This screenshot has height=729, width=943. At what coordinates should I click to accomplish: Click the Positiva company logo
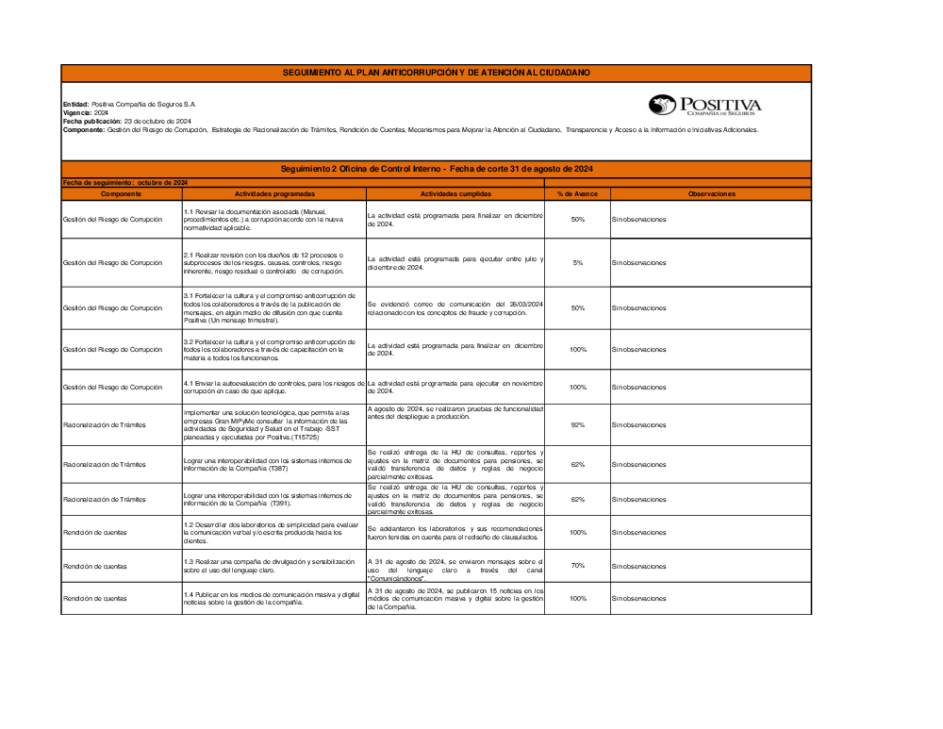pyautogui.click(x=704, y=105)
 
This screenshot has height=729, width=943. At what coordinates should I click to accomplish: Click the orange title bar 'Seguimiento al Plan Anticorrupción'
pyautogui.click(x=436, y=73)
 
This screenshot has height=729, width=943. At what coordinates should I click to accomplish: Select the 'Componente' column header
pyautogui.click(x=121, y=193)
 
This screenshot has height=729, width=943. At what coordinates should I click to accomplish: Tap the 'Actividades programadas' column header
pyautogui.click(x=273, y=193)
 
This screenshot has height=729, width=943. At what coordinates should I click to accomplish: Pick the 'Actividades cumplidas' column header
pyautogui.click(x=455, y=193)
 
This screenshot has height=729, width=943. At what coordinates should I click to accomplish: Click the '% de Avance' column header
pyautogui.click(x=577, y=193)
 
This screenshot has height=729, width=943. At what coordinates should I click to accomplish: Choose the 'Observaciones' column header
pyautogui.click(x=710, y=193)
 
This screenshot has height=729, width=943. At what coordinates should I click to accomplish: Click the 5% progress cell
pyautogui.click(x=577, y=263)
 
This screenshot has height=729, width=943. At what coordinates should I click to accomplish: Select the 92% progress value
pyautogui.click(x=577, y=425)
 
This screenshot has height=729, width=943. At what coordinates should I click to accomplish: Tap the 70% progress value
pyautogui.click(x=577, y=566)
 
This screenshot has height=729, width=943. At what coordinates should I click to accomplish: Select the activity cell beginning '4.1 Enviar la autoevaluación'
pyautogui.click(x=273, y=387)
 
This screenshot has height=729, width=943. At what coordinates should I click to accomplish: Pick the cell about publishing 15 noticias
pyautogui.click(x=455, y=599)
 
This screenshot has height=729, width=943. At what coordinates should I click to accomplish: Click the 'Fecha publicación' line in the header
pyautogui.click(x=127, y=122)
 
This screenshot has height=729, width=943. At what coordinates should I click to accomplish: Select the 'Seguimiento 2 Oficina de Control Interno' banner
pyautogui.click(x=436, y=169)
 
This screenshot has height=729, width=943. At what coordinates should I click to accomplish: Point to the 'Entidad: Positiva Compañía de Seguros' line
pyautogui.click(x=129, y=104)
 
